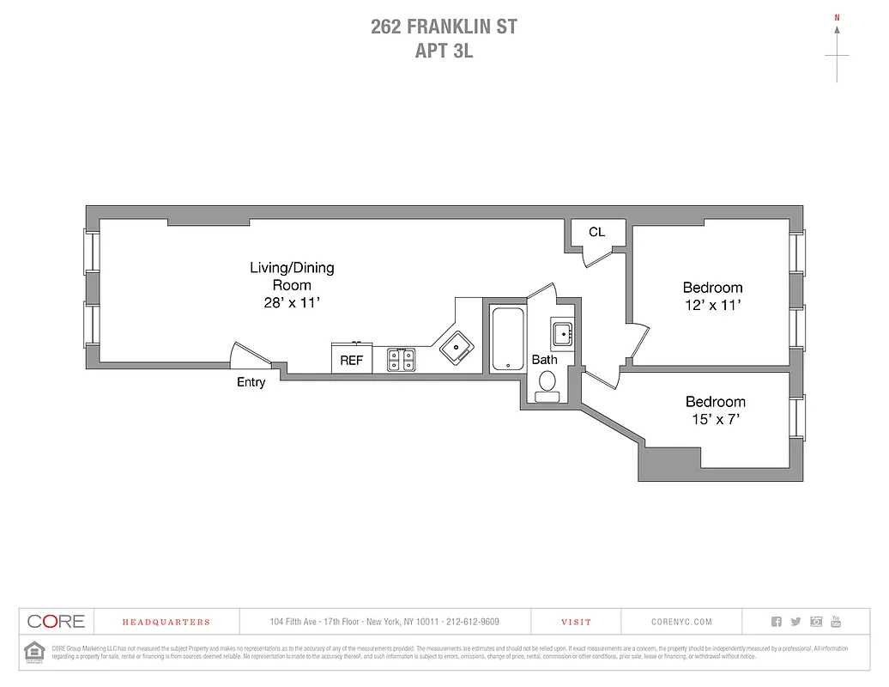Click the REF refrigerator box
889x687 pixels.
pos(352,359)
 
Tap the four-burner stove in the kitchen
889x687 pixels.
pos(401,359)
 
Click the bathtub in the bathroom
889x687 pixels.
pos(506,338)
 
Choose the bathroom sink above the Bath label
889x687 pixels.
pos(563,331)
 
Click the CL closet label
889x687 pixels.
pos(596,232)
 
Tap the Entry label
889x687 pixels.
pos(251,382)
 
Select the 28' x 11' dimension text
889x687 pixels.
pos(292,302)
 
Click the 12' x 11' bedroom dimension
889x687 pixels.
pos(712,305)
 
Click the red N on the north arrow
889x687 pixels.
pos(837,17)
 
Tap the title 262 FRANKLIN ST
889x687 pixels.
pos(444,27)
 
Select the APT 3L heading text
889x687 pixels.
pos(444,51)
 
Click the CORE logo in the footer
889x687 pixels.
pos(56,622)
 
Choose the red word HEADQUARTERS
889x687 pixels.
pos(166,622)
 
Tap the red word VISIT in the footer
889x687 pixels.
pos(576,622)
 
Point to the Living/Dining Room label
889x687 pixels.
pos(292,276)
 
